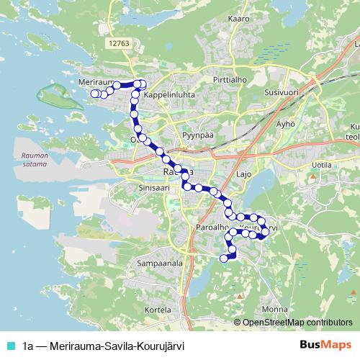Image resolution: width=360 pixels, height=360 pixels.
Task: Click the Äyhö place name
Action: tap(287, 123)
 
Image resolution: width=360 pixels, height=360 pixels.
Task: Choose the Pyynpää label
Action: tap(198, 134)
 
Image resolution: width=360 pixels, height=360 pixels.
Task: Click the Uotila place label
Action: tap(318, 164)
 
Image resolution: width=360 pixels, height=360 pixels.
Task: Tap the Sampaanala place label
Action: tap(160, 264)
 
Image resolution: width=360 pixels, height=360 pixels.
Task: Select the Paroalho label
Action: tap(212, 227)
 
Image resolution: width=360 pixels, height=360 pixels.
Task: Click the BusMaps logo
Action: tap(325, 345)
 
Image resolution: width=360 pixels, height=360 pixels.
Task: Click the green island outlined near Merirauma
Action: tap(57, 97)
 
